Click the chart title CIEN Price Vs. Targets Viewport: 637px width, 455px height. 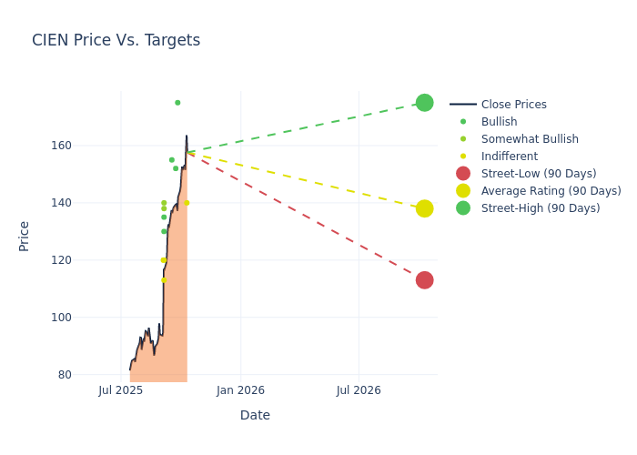tap(116, 40)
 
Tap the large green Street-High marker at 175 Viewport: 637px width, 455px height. tap(424, 103)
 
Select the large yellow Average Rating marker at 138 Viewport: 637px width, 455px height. tap(424, 208)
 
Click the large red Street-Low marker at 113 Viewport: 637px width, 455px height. tap(424, 280)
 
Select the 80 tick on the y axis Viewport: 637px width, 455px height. tap(89, 375)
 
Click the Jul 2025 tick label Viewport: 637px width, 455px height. tap(121, 390)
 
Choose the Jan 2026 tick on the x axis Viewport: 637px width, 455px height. tap(240, 390)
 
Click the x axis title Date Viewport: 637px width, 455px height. tap(255, 415)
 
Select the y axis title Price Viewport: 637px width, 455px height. tap(25, 236)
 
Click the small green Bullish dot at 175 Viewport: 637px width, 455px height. tap(177, 103)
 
